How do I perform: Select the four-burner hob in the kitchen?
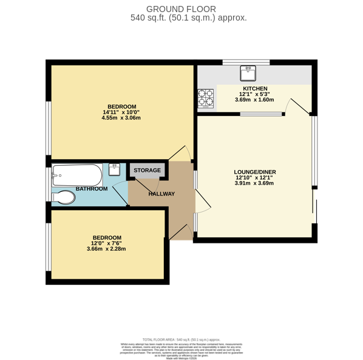tap(205, 97)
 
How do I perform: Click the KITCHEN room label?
tap(255, 89)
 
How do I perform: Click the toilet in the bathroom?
tap(64, 197)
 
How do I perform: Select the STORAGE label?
tap(147, 170)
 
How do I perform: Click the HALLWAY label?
tap(161, 194)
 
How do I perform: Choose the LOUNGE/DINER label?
tap(255, 172)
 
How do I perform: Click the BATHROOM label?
tap(92, 189)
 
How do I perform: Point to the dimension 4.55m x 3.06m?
tap(121, 118)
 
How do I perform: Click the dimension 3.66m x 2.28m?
tap(106, 249)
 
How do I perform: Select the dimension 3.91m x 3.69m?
tap(255, 183)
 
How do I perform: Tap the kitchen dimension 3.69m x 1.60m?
tap(255, 100)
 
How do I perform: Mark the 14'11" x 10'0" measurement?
tap(121, 112)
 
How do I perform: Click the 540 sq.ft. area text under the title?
tap(188, 18)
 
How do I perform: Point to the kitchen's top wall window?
tap(246, 62)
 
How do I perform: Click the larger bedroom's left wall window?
tap(49, 127)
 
